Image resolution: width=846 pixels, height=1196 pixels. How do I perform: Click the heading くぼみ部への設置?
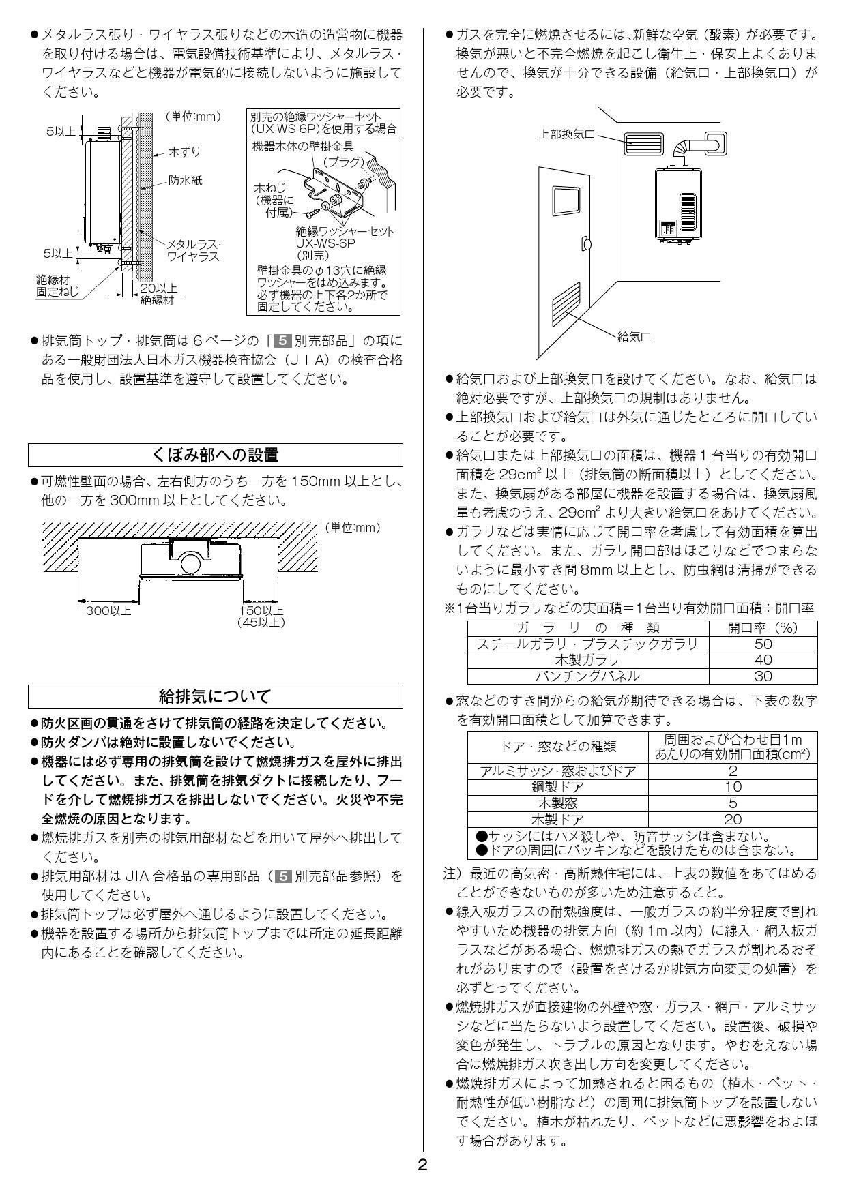215,455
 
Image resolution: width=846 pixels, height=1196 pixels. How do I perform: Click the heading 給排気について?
215,696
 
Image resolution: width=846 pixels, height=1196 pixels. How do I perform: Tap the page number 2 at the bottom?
422,1165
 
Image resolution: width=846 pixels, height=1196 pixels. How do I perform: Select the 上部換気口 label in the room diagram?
566,135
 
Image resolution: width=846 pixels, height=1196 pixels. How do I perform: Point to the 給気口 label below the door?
634,337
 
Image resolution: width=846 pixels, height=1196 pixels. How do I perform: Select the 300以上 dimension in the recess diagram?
108,611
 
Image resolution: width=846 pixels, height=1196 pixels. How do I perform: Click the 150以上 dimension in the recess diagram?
261,611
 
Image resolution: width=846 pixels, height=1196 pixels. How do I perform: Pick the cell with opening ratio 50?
763,644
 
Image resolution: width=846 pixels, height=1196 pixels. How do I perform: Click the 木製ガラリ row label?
587,659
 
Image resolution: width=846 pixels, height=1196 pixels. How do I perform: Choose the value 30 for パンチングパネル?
763,676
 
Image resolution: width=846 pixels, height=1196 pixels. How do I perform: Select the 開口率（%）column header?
763,627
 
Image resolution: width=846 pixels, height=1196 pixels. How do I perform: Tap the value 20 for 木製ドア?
732,820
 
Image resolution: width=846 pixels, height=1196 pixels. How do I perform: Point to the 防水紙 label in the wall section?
186,181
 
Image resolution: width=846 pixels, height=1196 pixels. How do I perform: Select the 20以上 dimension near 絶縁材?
158,288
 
